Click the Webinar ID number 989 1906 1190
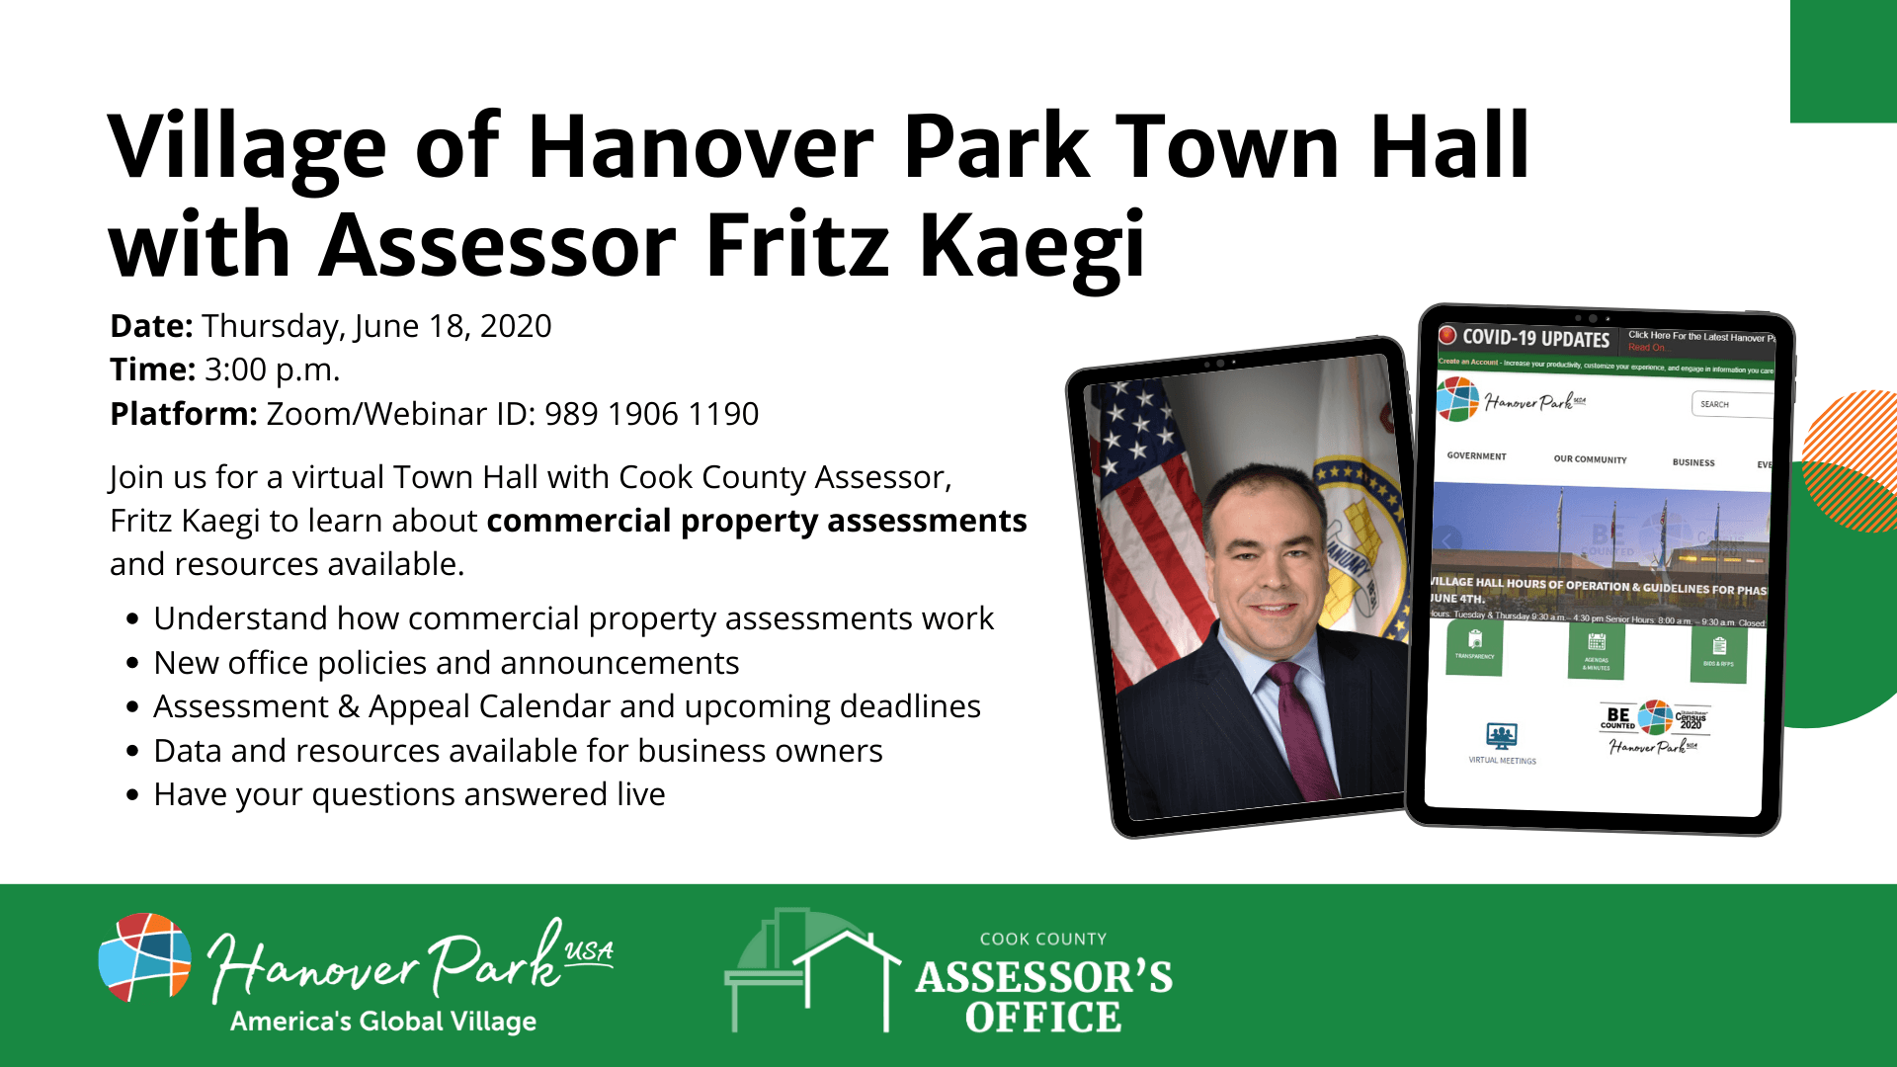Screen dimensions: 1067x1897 651,414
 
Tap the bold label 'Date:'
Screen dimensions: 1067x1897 151,326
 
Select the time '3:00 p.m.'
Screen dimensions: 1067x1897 272,369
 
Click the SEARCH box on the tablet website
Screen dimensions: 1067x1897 1731,404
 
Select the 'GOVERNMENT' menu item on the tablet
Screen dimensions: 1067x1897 1476,456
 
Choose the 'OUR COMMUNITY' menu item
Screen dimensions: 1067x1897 1590,459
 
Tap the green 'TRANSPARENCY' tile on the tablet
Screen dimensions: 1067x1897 1474,647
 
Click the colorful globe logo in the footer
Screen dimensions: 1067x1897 144,956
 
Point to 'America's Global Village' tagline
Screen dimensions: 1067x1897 383,1022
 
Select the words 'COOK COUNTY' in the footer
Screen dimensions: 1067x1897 1042,939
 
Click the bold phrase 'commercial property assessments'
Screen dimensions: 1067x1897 756,521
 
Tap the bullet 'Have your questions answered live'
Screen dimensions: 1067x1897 409,794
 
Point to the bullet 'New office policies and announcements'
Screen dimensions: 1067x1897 446,663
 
